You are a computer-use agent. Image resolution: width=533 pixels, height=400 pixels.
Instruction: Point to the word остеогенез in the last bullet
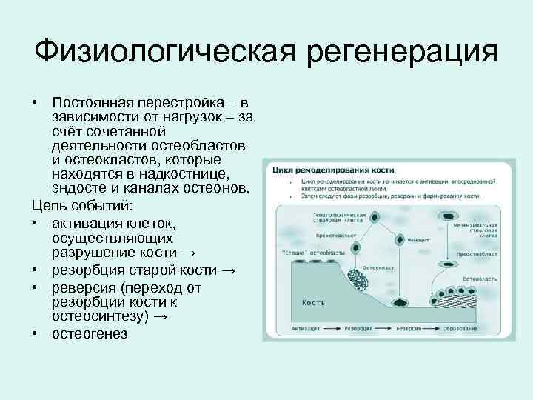tap(90, 333)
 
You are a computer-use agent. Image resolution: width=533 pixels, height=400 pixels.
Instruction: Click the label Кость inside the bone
tap(314, 303)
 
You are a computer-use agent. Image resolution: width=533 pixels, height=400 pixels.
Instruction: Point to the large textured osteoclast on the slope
tap(359, 284)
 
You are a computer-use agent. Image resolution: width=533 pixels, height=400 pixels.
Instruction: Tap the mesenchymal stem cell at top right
tap(447, 217)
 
